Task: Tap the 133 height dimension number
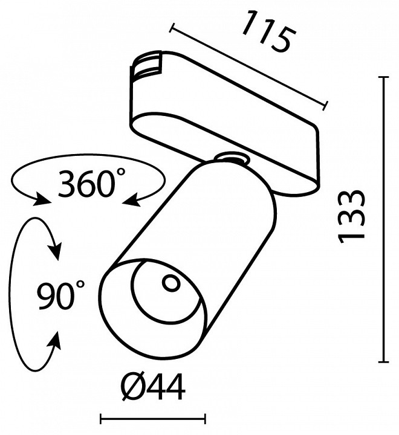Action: [352, 216]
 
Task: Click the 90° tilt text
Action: [60, 296]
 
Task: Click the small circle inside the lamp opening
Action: [170, 282]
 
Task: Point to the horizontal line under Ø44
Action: [152, 417]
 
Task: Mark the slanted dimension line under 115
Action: [249, 65]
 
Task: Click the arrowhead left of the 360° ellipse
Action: [43, 200]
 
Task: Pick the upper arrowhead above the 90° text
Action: [56, 251]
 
